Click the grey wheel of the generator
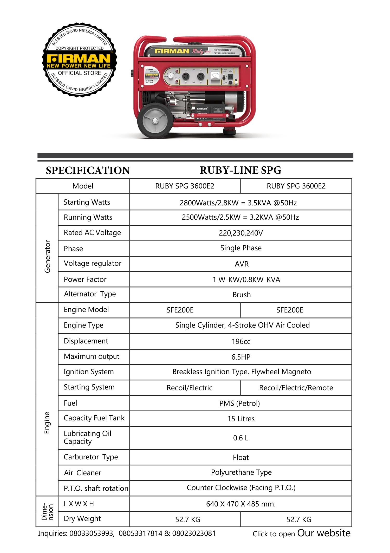(x=155, y=121)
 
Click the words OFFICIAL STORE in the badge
(x=80, y=73)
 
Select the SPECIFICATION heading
(x=88, y=171)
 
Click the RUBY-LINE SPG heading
(x=240, y=170)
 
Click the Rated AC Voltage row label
(x=92, y=233)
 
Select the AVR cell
(x=242, y=264)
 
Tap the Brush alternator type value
(x=242, y=295)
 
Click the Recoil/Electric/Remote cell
(x=296, y=388)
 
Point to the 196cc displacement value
(x=241, y=342)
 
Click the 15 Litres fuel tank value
(x=241, y=419)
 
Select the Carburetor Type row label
(x=91, y=457)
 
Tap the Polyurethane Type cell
(x=241, y=472)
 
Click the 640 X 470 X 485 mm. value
(x=241, y=504)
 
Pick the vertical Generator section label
(x=47, y=256)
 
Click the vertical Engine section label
(x=47, y=423)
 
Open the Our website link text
(x=324, y=533)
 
